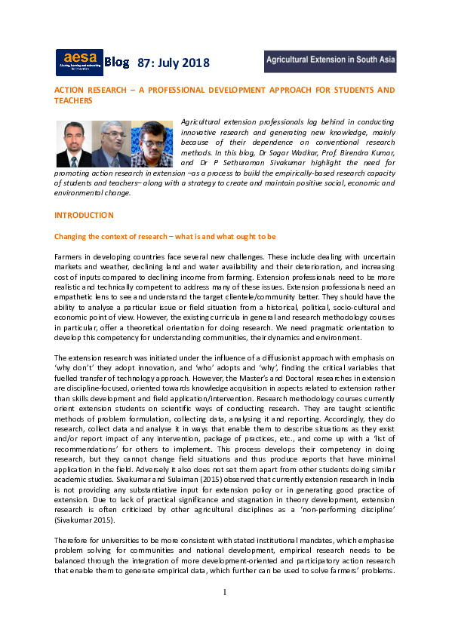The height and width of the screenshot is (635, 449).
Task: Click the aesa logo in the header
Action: tap(79, 62)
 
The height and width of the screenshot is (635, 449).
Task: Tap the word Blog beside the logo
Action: tap(117, 61)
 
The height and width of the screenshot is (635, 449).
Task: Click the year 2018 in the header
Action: tap(195, 63)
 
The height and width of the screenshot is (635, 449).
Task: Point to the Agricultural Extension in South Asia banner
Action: tap(330, 61)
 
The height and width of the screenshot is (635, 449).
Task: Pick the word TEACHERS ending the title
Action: tap(73, 100)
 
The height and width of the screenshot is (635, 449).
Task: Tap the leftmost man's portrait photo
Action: tap(74, 144)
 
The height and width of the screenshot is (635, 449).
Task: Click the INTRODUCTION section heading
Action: tap(84, 215)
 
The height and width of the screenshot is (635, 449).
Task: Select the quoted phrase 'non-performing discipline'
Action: tap(346, 511)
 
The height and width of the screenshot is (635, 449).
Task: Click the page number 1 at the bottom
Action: tap(224, 591)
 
